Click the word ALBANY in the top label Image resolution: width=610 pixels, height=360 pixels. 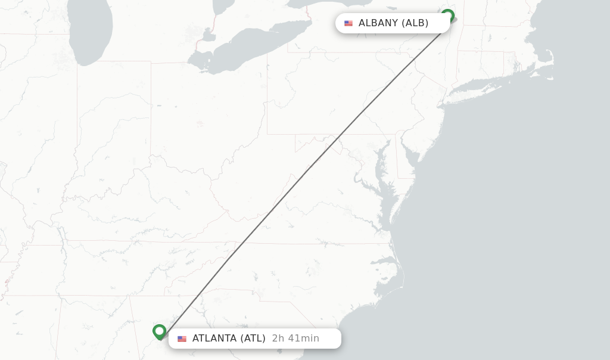point(378,23)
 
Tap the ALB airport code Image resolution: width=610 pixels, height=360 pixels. point(415,23)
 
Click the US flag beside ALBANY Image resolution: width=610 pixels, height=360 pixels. point(348,23)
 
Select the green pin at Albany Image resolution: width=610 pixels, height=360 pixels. point(448,15)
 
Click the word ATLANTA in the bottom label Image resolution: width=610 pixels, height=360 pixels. point(214,339)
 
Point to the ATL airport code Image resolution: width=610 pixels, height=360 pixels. point(253,339)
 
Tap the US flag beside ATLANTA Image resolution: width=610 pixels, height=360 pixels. point(182,339)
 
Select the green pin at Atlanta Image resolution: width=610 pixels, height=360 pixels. point(159,331)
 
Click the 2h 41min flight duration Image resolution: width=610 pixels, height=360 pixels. point(295,339)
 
